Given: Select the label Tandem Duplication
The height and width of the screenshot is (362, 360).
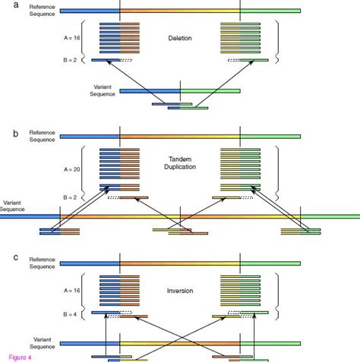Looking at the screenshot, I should point(179,164).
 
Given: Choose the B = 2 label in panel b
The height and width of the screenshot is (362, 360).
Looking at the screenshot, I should point(80,196).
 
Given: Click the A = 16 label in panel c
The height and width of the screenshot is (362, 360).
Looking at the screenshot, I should point(80,290).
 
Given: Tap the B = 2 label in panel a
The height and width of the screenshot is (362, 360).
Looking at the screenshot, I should point(80,59).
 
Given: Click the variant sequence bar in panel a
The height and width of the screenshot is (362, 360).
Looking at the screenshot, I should point(179,90).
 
